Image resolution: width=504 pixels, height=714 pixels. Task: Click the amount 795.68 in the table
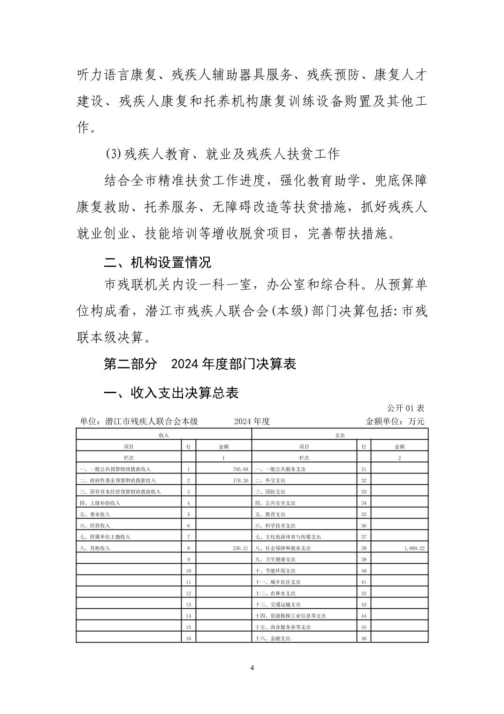tap(240, 469)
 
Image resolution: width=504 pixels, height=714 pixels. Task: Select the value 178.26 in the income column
tap(240, 481)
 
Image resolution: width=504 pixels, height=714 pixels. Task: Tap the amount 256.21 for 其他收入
tap(240, 548)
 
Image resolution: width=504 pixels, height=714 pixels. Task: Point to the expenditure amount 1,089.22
tap(414, 548)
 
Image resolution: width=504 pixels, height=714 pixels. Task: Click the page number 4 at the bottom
tap(252, 668)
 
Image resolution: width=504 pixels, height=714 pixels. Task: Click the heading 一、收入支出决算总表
tap(171, 392)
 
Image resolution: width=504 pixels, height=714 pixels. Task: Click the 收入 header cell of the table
tap(164, 435)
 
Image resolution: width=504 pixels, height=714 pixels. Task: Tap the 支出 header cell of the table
tap(340, 435)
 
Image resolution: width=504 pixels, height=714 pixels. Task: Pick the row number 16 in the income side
tap(189, 638)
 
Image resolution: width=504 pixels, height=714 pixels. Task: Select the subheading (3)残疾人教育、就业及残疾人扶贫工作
tap(222, 154)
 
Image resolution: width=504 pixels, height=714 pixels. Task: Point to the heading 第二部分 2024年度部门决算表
tap(200, 364)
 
